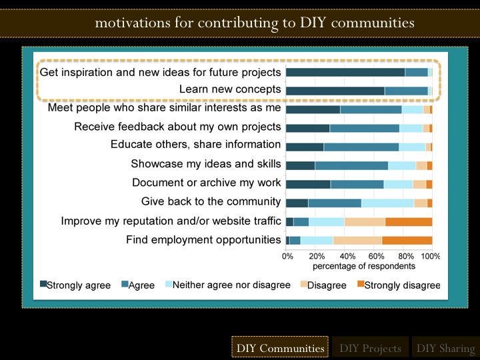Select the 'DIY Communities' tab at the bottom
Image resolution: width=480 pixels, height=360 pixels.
(x=280, y=348)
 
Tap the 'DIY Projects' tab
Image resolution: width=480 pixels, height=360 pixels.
(x=370, y=348)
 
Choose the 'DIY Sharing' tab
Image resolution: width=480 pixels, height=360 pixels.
(x=445, y=348)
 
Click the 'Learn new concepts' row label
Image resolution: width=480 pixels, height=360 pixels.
(x=230, y=89)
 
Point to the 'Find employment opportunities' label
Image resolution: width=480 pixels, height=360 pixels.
(x=203, y=239)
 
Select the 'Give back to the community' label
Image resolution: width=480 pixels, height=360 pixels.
(x=211, y=201)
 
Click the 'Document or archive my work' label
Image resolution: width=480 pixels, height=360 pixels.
(x=206, y=183)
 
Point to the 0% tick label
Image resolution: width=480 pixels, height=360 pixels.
(x=288, y=255)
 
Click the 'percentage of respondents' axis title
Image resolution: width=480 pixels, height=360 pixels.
(x=364, y=266)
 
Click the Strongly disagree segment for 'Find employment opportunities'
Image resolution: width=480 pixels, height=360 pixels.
(x=407, y=240)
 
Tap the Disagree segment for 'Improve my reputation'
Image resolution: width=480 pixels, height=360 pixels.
(x=365, y=221)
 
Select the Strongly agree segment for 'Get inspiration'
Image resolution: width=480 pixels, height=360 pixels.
(x=345, y=72)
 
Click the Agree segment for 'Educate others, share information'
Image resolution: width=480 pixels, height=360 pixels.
(x=361, y=147)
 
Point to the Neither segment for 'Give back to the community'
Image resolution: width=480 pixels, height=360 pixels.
(x=387, y=203)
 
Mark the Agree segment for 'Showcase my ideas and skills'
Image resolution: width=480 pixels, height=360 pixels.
(x=351, y=165)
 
